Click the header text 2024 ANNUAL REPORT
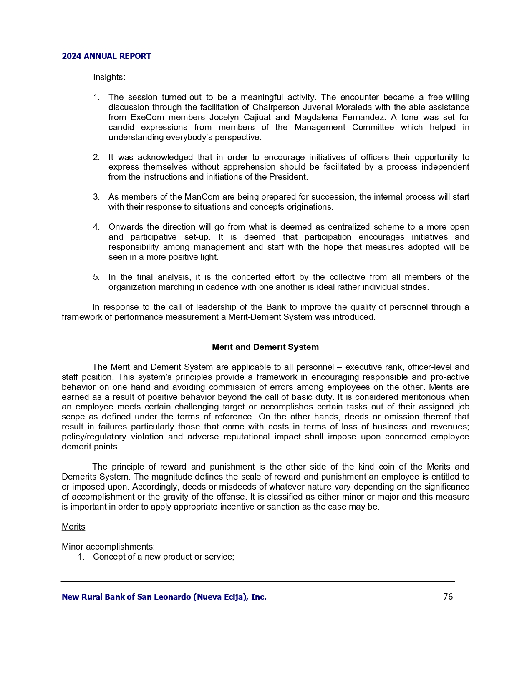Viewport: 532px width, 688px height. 106,56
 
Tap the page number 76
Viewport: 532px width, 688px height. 448,597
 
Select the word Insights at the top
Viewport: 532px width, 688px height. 108,78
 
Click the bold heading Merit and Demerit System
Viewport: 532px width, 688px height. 265,347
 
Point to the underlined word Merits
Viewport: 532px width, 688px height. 73,527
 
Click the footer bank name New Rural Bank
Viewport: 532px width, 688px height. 164,597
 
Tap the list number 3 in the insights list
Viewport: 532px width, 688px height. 96,197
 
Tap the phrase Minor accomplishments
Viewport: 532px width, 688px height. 108,547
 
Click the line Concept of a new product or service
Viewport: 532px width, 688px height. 163,557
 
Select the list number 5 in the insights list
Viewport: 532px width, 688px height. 96,277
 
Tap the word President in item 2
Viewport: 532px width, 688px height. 288,177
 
